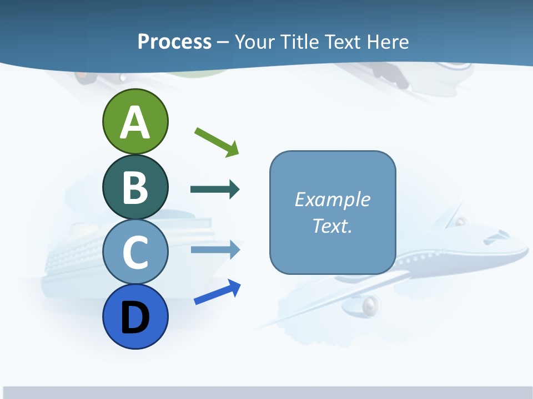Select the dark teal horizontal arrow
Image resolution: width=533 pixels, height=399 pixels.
click(x=214, y=190)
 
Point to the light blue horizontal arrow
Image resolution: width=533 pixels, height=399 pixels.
click(x=214, y=249)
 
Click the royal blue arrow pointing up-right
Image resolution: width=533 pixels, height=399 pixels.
click(x=217, y=293)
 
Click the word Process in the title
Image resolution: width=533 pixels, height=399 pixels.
click(x=174, y=42)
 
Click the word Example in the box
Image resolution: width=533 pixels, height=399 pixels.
click(x=332, y=199)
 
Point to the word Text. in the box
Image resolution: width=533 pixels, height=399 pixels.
click(x=332, y=226)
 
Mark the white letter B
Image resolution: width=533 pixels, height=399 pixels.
click(x=135, y=187)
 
